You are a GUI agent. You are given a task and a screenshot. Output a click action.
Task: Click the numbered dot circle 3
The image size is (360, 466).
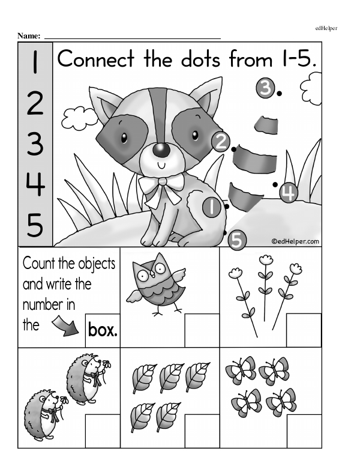pyautogui.click(x=265, y=88)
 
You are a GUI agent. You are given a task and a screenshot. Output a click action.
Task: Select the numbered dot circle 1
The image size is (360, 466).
pyautogui.click(x=212, y=207)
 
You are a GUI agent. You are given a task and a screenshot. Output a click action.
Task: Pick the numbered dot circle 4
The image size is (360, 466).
pyautogui.click(x=289, y=192)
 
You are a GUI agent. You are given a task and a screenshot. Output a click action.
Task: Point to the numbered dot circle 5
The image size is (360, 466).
pyautogui.click(x=236, y=240)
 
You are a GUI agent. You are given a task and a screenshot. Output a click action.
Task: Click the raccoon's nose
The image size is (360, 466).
pyautogui.click(x=160, y=150)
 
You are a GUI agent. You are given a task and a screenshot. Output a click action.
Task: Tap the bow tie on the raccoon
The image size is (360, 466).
pyautogui.click(x=160, y=187)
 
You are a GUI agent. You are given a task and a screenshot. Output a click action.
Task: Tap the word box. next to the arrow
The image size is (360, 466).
pyautogui.click(x=103, y=330)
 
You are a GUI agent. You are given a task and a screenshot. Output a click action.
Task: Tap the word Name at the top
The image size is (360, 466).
pyautogui.click(x=29, y=36)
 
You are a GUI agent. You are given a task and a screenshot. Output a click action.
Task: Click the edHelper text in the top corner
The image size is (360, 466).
pyautogui.click(x=326, y=28)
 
